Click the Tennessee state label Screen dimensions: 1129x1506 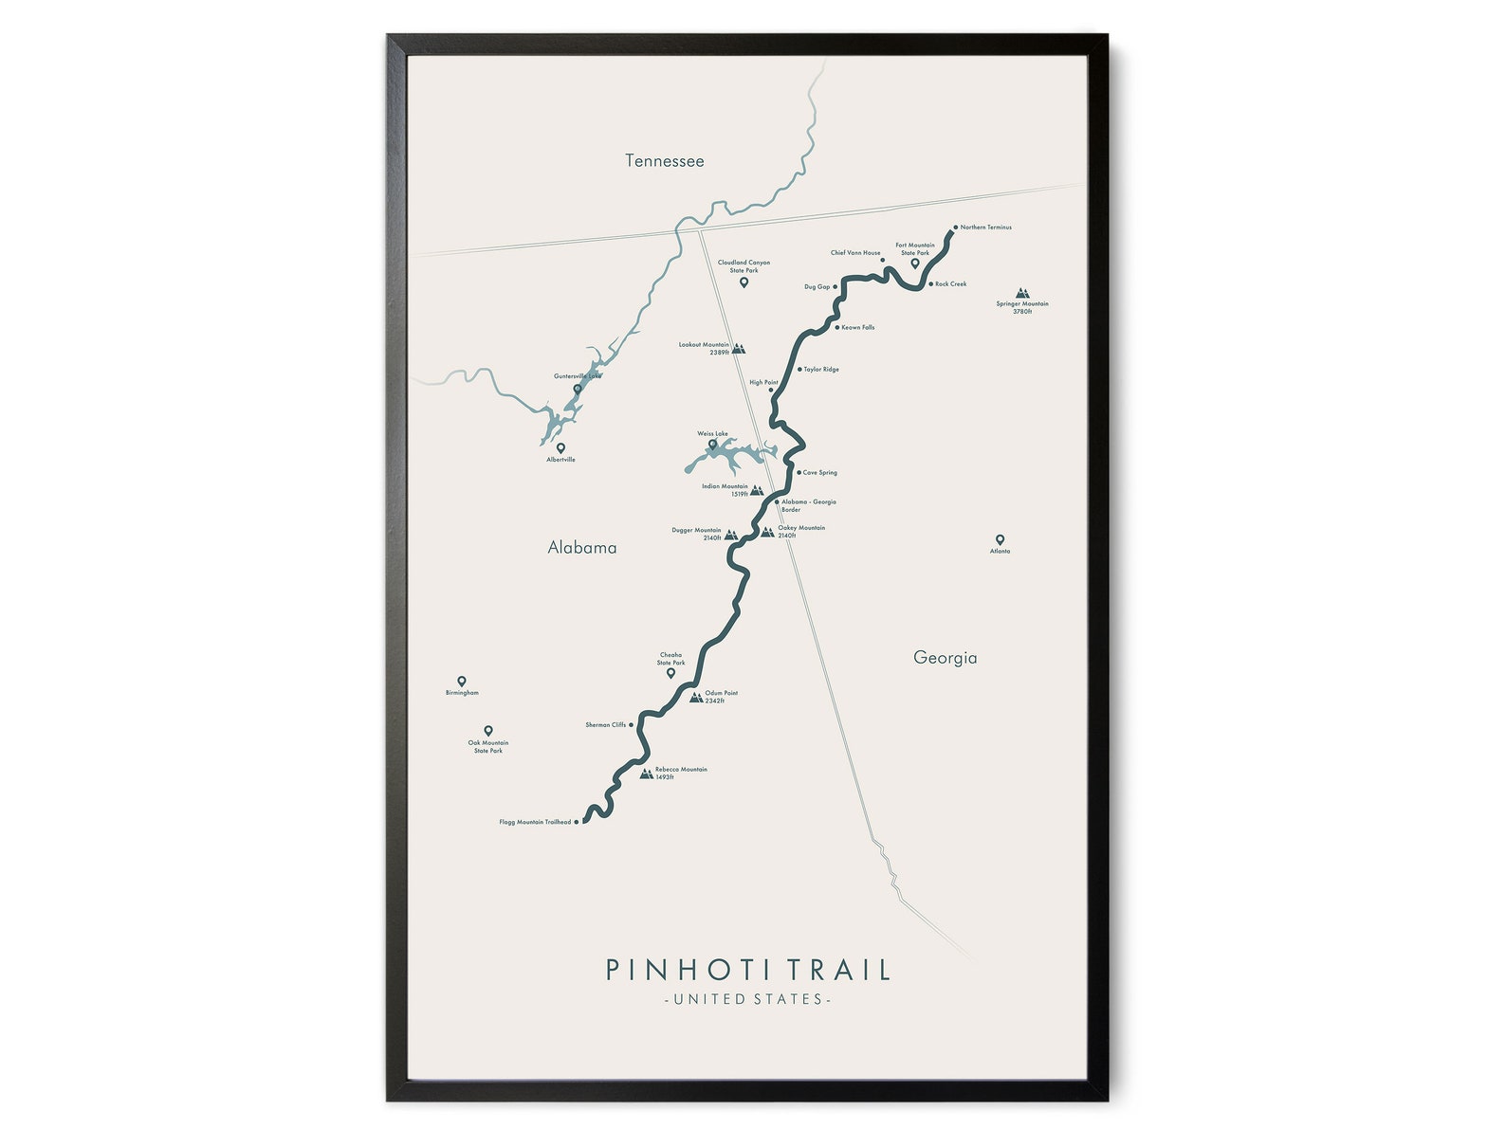(664, 161)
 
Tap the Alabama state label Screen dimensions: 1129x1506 (582, 548)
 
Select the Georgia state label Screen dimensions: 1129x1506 (945, 658)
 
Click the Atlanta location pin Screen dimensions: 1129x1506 (1000, 540)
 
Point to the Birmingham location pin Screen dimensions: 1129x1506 (462, 682)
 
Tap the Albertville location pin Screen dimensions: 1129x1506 (560, 448)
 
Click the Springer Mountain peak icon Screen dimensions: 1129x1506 (1022, 294)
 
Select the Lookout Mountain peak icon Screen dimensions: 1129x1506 (739, 349)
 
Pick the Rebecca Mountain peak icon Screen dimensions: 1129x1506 (646, 774)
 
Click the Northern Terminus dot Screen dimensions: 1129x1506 (955, 228)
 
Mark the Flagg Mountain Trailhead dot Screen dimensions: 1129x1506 (577, 822)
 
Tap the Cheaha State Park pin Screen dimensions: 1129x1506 (670, 673)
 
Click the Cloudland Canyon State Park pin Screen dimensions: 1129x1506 (744, 282)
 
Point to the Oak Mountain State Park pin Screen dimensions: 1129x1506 (488, 731)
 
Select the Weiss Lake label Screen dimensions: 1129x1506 (713, 434)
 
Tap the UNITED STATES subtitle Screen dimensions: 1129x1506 (748, 999)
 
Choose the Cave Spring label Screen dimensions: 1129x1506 (820, 472)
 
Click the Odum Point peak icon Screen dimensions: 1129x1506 (696, 698)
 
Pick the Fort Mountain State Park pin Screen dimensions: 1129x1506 (915, 264)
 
